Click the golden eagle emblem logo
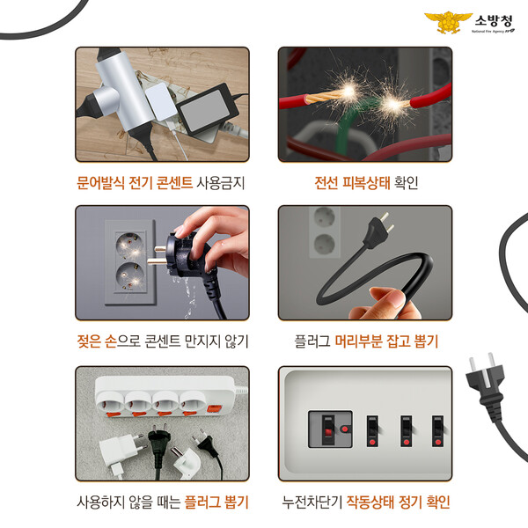click(448, 22)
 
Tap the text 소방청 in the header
click(494, 21)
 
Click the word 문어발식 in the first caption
click(100, 183)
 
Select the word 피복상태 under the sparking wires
click(366, 183)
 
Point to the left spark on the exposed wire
click(348, 91)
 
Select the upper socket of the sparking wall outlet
click(129, 244)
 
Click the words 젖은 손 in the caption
click(97, 341)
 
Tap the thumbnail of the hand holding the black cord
click(365, 262)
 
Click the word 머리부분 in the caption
click(359, 341)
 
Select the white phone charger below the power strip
click(121, 452)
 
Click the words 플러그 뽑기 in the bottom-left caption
click(216, 502)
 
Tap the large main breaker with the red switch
click(330, 429)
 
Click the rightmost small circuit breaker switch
click(437, 431)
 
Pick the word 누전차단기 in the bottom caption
click(312, 502)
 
